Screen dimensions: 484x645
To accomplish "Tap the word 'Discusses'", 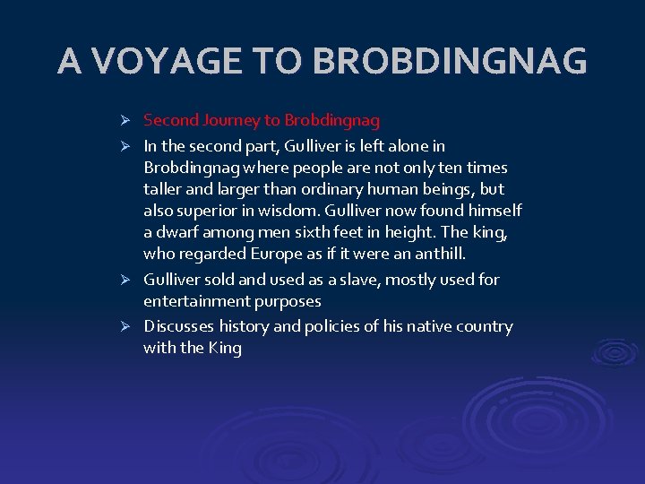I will point(177,326).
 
